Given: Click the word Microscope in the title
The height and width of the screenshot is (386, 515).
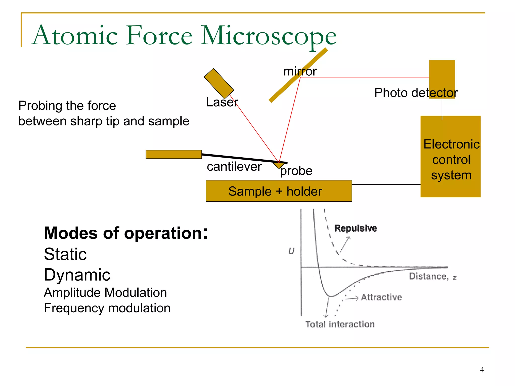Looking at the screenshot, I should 268,36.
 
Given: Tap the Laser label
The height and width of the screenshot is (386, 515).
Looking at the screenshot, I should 222,102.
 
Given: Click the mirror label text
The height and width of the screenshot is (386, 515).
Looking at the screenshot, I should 300,71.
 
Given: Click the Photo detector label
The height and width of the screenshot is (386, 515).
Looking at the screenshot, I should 416,93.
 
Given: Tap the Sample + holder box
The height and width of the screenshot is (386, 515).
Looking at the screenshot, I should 279,191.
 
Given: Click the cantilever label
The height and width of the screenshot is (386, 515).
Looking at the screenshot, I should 234,167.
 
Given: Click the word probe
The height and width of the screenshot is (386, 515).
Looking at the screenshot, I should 296,171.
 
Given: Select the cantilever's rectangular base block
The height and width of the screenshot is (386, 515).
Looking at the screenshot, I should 174,154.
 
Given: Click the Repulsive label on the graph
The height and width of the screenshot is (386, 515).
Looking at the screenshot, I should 356,228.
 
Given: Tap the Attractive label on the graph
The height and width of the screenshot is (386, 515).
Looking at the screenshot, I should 381,297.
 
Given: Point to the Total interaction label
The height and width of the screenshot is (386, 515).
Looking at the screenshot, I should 340,324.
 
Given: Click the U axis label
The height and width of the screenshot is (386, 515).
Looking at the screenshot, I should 291,251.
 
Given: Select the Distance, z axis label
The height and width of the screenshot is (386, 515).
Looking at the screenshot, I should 433,277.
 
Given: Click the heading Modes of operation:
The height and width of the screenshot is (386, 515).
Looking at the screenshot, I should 126,233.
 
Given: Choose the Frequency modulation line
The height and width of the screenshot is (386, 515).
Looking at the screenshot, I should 107,308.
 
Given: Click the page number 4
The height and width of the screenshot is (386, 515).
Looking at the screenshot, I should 482,370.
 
